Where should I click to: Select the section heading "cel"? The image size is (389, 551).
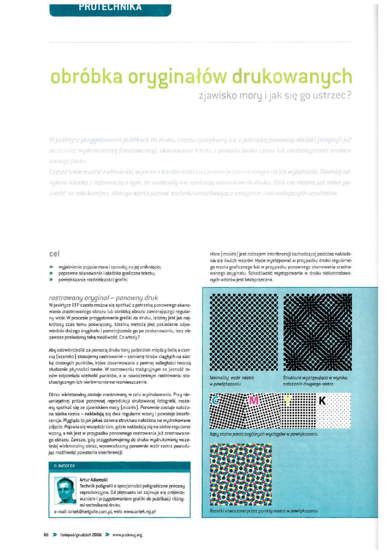pos(55,253)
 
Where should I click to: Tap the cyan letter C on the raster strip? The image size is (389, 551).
pos(215,399)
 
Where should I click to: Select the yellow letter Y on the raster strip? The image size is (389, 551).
pos(288,399)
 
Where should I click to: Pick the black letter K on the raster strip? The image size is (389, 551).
pos(322,399)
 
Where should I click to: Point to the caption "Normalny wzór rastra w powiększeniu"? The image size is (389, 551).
pos(232,380)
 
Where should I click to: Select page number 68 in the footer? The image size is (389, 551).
pos(46,535)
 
